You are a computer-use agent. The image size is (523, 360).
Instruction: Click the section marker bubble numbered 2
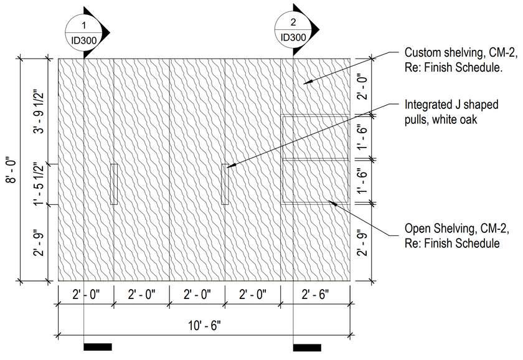[293, 29]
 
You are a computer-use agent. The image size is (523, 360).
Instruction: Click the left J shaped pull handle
[114, 184]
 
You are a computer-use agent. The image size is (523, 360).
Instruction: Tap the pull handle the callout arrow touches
[225, 184]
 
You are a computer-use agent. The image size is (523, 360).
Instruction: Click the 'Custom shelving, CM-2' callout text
[461, 60]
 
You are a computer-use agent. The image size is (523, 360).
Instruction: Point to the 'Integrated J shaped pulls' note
[451, 112]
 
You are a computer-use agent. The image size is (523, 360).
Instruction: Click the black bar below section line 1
[98, 347]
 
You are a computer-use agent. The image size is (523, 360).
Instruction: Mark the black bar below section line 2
[307, 347]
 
